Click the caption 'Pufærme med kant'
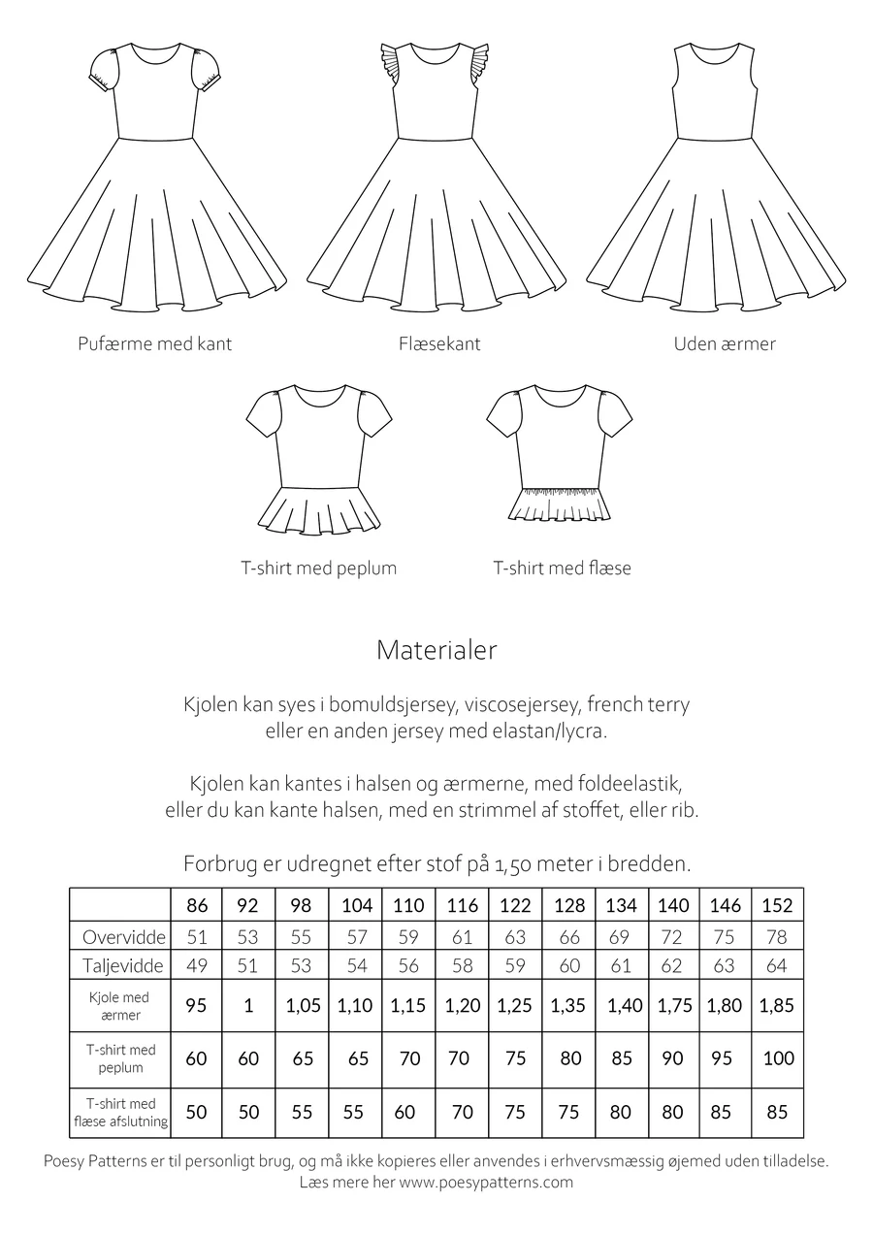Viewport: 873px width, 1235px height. click(x=154, y=343)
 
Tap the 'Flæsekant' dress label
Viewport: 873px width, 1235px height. click(x=438, y=343)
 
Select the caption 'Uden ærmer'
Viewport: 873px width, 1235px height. click(x=725, y=343)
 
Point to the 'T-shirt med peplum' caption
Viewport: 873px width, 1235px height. click(x=319, y=568)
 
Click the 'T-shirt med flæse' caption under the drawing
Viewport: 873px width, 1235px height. click(x=562, y=568)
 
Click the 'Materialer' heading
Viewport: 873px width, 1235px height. click(x=436, y=650)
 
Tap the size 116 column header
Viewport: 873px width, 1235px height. click(x=462, y=905)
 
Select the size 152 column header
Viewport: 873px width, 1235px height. click(x=777, y=905)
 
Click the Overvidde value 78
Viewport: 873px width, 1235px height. click(x=777, y=937)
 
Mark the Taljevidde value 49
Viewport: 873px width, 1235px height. click(x=197, y=966)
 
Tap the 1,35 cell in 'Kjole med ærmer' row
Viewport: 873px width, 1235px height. click(x=569, y=1006)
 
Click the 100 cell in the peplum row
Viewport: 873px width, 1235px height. click(x=777, y=1058)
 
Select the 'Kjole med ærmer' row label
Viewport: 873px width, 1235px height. click(x=120, y=1006)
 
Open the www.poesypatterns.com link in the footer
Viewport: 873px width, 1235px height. click(x=485, y=1182)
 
